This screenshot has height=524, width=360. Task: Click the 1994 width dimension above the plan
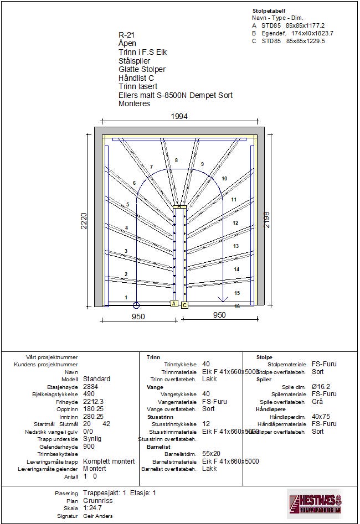pyautogui.click(x=179, y=116)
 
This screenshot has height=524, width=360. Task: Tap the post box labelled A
pyautogui.click(x=173, y=304)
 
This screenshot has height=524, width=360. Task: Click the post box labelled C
pyautogui.click(x=184, y=304)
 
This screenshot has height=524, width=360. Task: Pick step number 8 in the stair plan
pyautogui.click(x=177, y=160)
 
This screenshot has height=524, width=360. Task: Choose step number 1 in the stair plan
pyautogui.click(x=126, y=298)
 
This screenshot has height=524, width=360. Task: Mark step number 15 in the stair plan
pyautogui.click(x=237, y=293)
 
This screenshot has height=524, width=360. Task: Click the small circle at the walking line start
pyautogui.click(x=136, y=304)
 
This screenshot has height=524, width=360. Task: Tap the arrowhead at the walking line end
pyautogui.click(x=223, y=300)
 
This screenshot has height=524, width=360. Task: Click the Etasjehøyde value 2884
pyautogui.click(x=90, y=387)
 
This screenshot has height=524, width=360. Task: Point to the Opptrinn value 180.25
pyautogui.click(x=93, y=409)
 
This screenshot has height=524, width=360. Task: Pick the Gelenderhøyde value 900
pyautogui.click(x=89, y=447)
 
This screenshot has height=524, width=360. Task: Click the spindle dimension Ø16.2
pyautogui.click(x=322, y=387)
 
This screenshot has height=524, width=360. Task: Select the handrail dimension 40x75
pyautogui.click(x=321, y=417)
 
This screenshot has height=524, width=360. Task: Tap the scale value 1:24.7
pyautogui.click(x=93, y=508)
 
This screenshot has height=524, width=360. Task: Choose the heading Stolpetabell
pyautogui.click(x=269, y=11)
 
